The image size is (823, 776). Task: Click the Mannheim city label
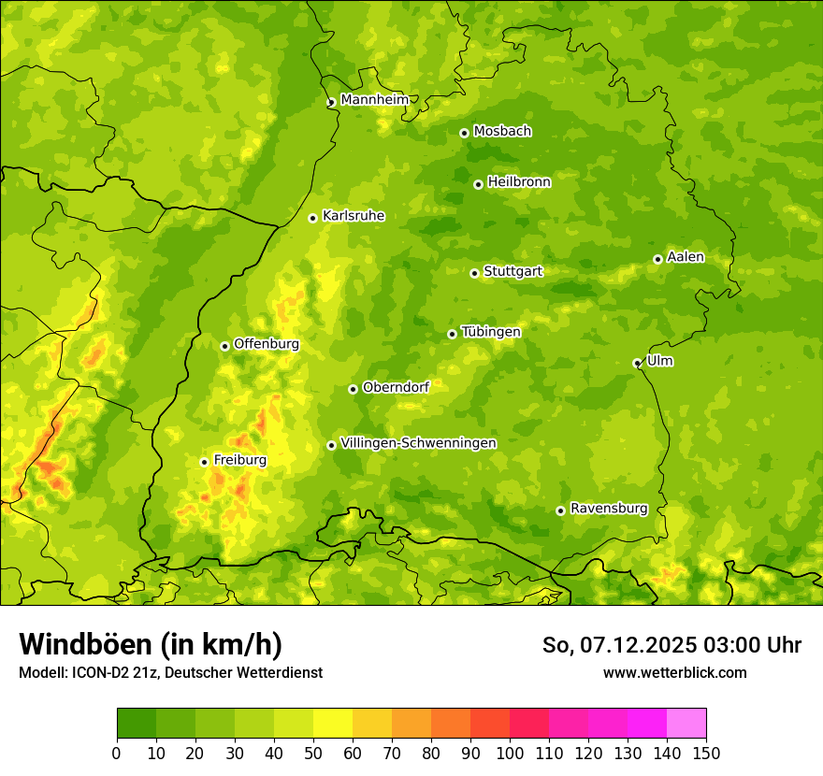click(374, 100)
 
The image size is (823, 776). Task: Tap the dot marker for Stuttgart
click(474, 273)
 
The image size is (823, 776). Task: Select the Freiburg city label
click(239, 460)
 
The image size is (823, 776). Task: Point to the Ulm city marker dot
click(637, 363)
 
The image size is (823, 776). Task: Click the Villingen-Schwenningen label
click(418, 443)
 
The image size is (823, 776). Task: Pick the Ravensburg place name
click(608, 509)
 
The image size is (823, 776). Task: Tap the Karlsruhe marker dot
click(312, 218)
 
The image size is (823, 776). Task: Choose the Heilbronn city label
click(519, 182)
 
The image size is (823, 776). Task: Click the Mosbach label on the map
click(502, 132)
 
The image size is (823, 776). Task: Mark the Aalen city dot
click(657, 259)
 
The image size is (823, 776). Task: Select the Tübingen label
click(490, 332)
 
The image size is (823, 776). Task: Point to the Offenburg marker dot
click(224, 346)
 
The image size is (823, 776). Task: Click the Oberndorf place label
click(396, 387)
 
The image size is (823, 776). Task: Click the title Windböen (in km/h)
click(150, 644)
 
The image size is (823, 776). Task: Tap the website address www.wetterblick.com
click(674, 672)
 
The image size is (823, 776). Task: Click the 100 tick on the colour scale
click(510, 753)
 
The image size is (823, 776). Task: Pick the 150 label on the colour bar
click(706, 753)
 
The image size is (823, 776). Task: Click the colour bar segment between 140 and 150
click(686, 723)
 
